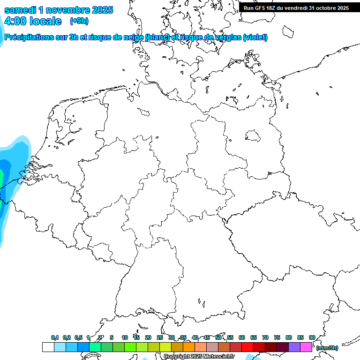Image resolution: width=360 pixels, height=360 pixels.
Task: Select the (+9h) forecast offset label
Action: [79, 21]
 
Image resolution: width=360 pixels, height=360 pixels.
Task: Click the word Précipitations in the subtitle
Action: [32, 37]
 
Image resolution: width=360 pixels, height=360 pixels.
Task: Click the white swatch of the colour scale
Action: [48, 347]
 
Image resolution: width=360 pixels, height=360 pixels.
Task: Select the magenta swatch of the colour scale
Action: [306, 347]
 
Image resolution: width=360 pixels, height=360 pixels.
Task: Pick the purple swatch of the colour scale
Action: [294, 347]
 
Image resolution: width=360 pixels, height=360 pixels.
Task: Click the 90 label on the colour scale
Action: [312, 337]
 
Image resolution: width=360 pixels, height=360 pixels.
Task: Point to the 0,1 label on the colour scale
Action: [55, 337]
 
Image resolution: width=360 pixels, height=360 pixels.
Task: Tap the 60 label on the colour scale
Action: [242, 337]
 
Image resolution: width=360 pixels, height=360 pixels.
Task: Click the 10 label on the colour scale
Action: [125, 337]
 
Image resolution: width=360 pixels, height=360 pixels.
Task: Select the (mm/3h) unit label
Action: [327, 348]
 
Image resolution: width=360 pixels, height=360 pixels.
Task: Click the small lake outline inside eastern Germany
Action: [254, 136]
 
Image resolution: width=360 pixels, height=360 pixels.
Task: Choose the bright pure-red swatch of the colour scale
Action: [247, 347]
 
